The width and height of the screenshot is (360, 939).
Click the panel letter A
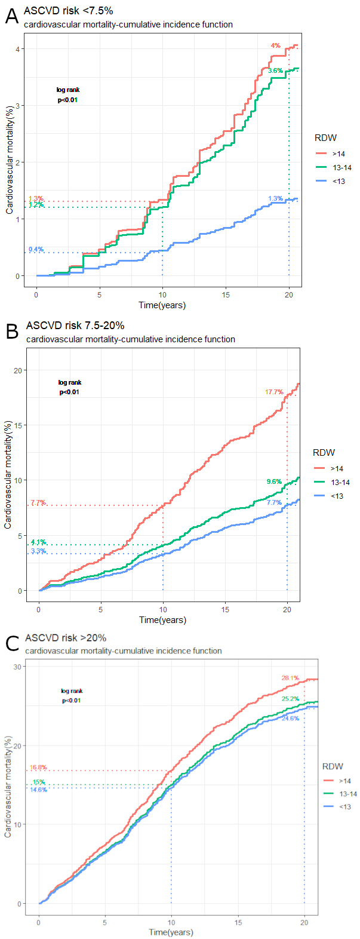tap(12, 17)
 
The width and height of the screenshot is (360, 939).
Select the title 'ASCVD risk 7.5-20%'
tap(75, 326)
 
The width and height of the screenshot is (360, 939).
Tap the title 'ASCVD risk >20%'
tap(66, 639)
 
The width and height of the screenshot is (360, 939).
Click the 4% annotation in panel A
tap(275, 45)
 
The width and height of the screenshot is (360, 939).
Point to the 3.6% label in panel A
tap(275, 71)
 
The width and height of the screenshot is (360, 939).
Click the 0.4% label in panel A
tap(36, 249)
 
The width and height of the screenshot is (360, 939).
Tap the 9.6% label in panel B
tap(273, 481)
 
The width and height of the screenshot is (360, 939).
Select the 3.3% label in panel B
tap(39, 551)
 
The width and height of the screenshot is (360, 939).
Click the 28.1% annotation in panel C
tap(290, 678)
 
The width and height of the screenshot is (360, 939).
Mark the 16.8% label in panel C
tap(38, 768)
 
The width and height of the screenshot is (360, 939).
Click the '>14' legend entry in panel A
tap(339, 154)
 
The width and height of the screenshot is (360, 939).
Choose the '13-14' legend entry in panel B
tap(340, 483)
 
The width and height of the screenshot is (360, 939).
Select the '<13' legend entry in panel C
tap(345, 807)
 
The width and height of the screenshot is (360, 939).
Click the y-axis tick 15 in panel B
tap(18, 425)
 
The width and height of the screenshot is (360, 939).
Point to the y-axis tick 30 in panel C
tap(18, 667)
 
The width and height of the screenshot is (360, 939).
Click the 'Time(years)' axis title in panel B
tap(162, 620)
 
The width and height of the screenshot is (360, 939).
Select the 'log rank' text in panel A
tap(67, 90)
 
